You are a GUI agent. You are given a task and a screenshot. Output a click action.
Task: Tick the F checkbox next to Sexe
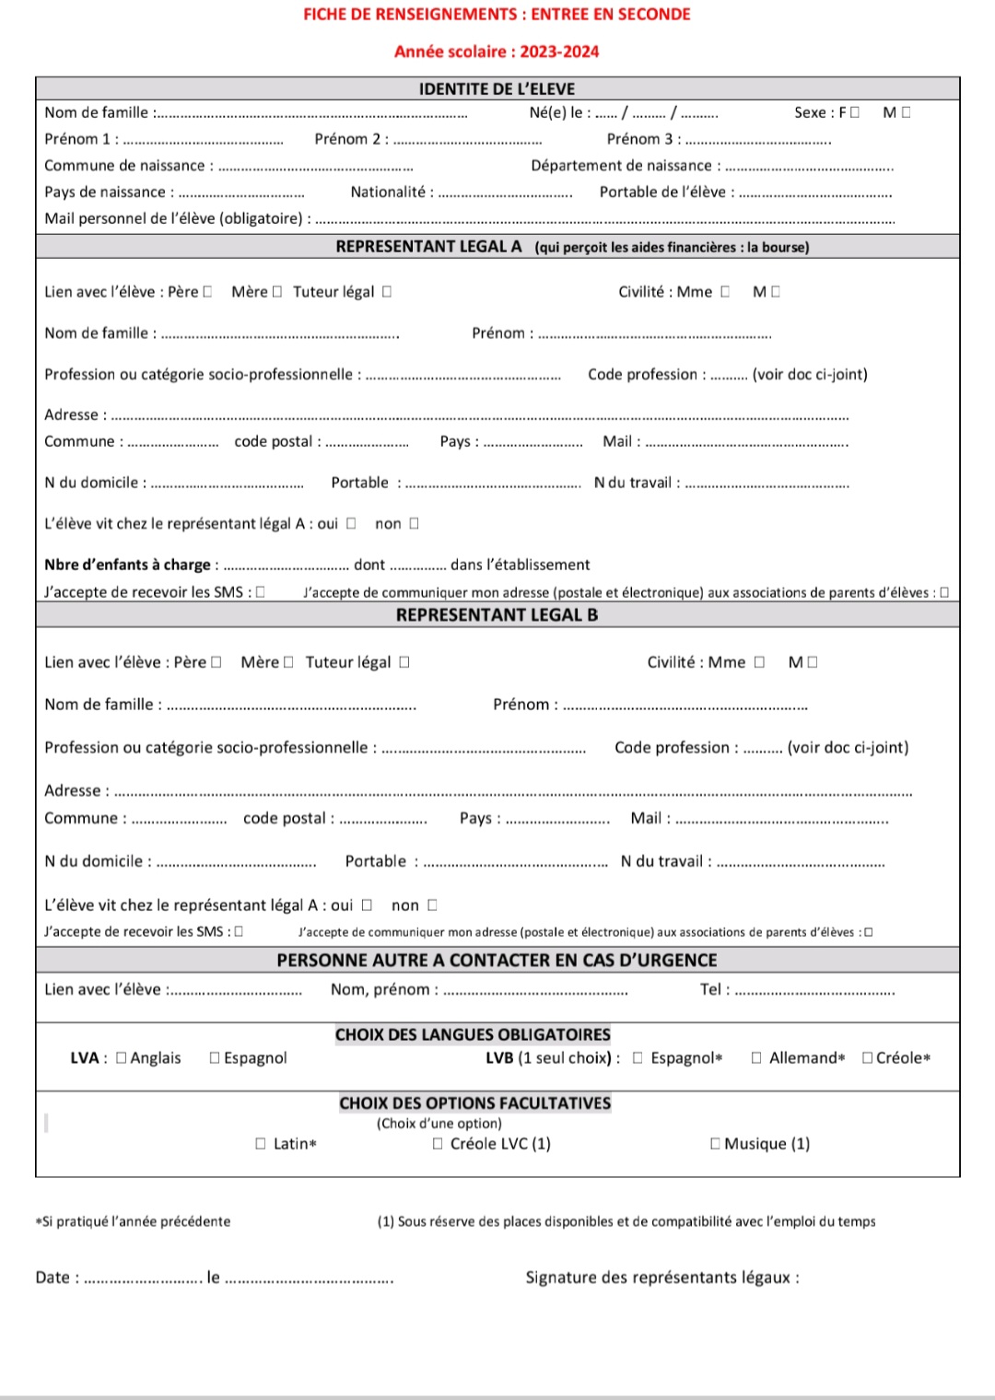click(x=855, y=112)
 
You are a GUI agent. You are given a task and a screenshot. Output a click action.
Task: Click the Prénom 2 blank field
click(x=467, y=140)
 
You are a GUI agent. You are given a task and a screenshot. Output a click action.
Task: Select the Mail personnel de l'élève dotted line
click(x=604, y=220)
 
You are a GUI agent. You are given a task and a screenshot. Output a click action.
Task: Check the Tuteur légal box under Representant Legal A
click(x=387, y=292)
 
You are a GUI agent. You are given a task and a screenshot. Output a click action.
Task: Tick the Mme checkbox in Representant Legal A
click(x=725, y=292)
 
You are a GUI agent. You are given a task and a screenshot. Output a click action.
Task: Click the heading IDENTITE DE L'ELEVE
click(x=497, y=88)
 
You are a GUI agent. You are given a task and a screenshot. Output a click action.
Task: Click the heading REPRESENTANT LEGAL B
click(x=497, y=615)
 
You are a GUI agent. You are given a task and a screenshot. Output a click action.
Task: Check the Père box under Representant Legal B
click(x=217, y=662)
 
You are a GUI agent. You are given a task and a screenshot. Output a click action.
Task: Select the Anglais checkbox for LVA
click(x=122, y=1058)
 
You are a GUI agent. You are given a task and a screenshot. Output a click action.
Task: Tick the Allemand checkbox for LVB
click(x=756, y=1058)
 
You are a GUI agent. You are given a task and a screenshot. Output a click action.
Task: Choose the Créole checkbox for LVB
click(x=867, y=1058)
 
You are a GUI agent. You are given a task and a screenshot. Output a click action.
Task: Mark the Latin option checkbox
click(x=261, y=1144)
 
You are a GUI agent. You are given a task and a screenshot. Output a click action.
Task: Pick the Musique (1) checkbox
click(x=715, y=1144)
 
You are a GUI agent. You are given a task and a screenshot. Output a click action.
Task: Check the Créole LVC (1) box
click(x=438, y=1144)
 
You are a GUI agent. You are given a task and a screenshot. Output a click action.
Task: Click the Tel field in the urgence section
click(x=814, y=992)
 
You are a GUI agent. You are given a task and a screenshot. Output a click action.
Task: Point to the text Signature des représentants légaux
click(x=661, y=1277)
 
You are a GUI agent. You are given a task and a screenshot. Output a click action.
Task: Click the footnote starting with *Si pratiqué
click(x=133, y=1221)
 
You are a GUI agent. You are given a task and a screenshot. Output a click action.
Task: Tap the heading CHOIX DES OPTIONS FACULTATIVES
click(x=474, y=1102)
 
